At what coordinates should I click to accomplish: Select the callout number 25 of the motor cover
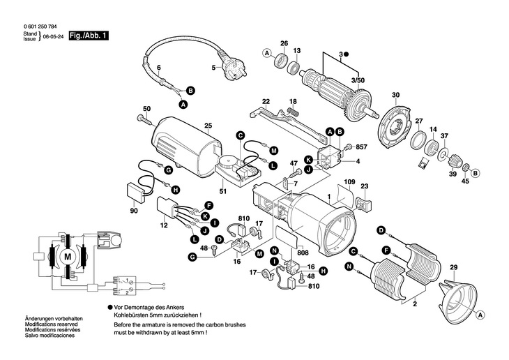208,126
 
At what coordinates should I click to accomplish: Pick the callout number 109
349,183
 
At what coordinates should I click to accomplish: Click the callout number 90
134,211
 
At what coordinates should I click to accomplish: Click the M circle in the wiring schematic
68,257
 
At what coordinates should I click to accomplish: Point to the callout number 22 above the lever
266,101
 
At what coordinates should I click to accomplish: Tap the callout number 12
164,226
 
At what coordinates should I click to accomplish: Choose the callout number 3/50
358,81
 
